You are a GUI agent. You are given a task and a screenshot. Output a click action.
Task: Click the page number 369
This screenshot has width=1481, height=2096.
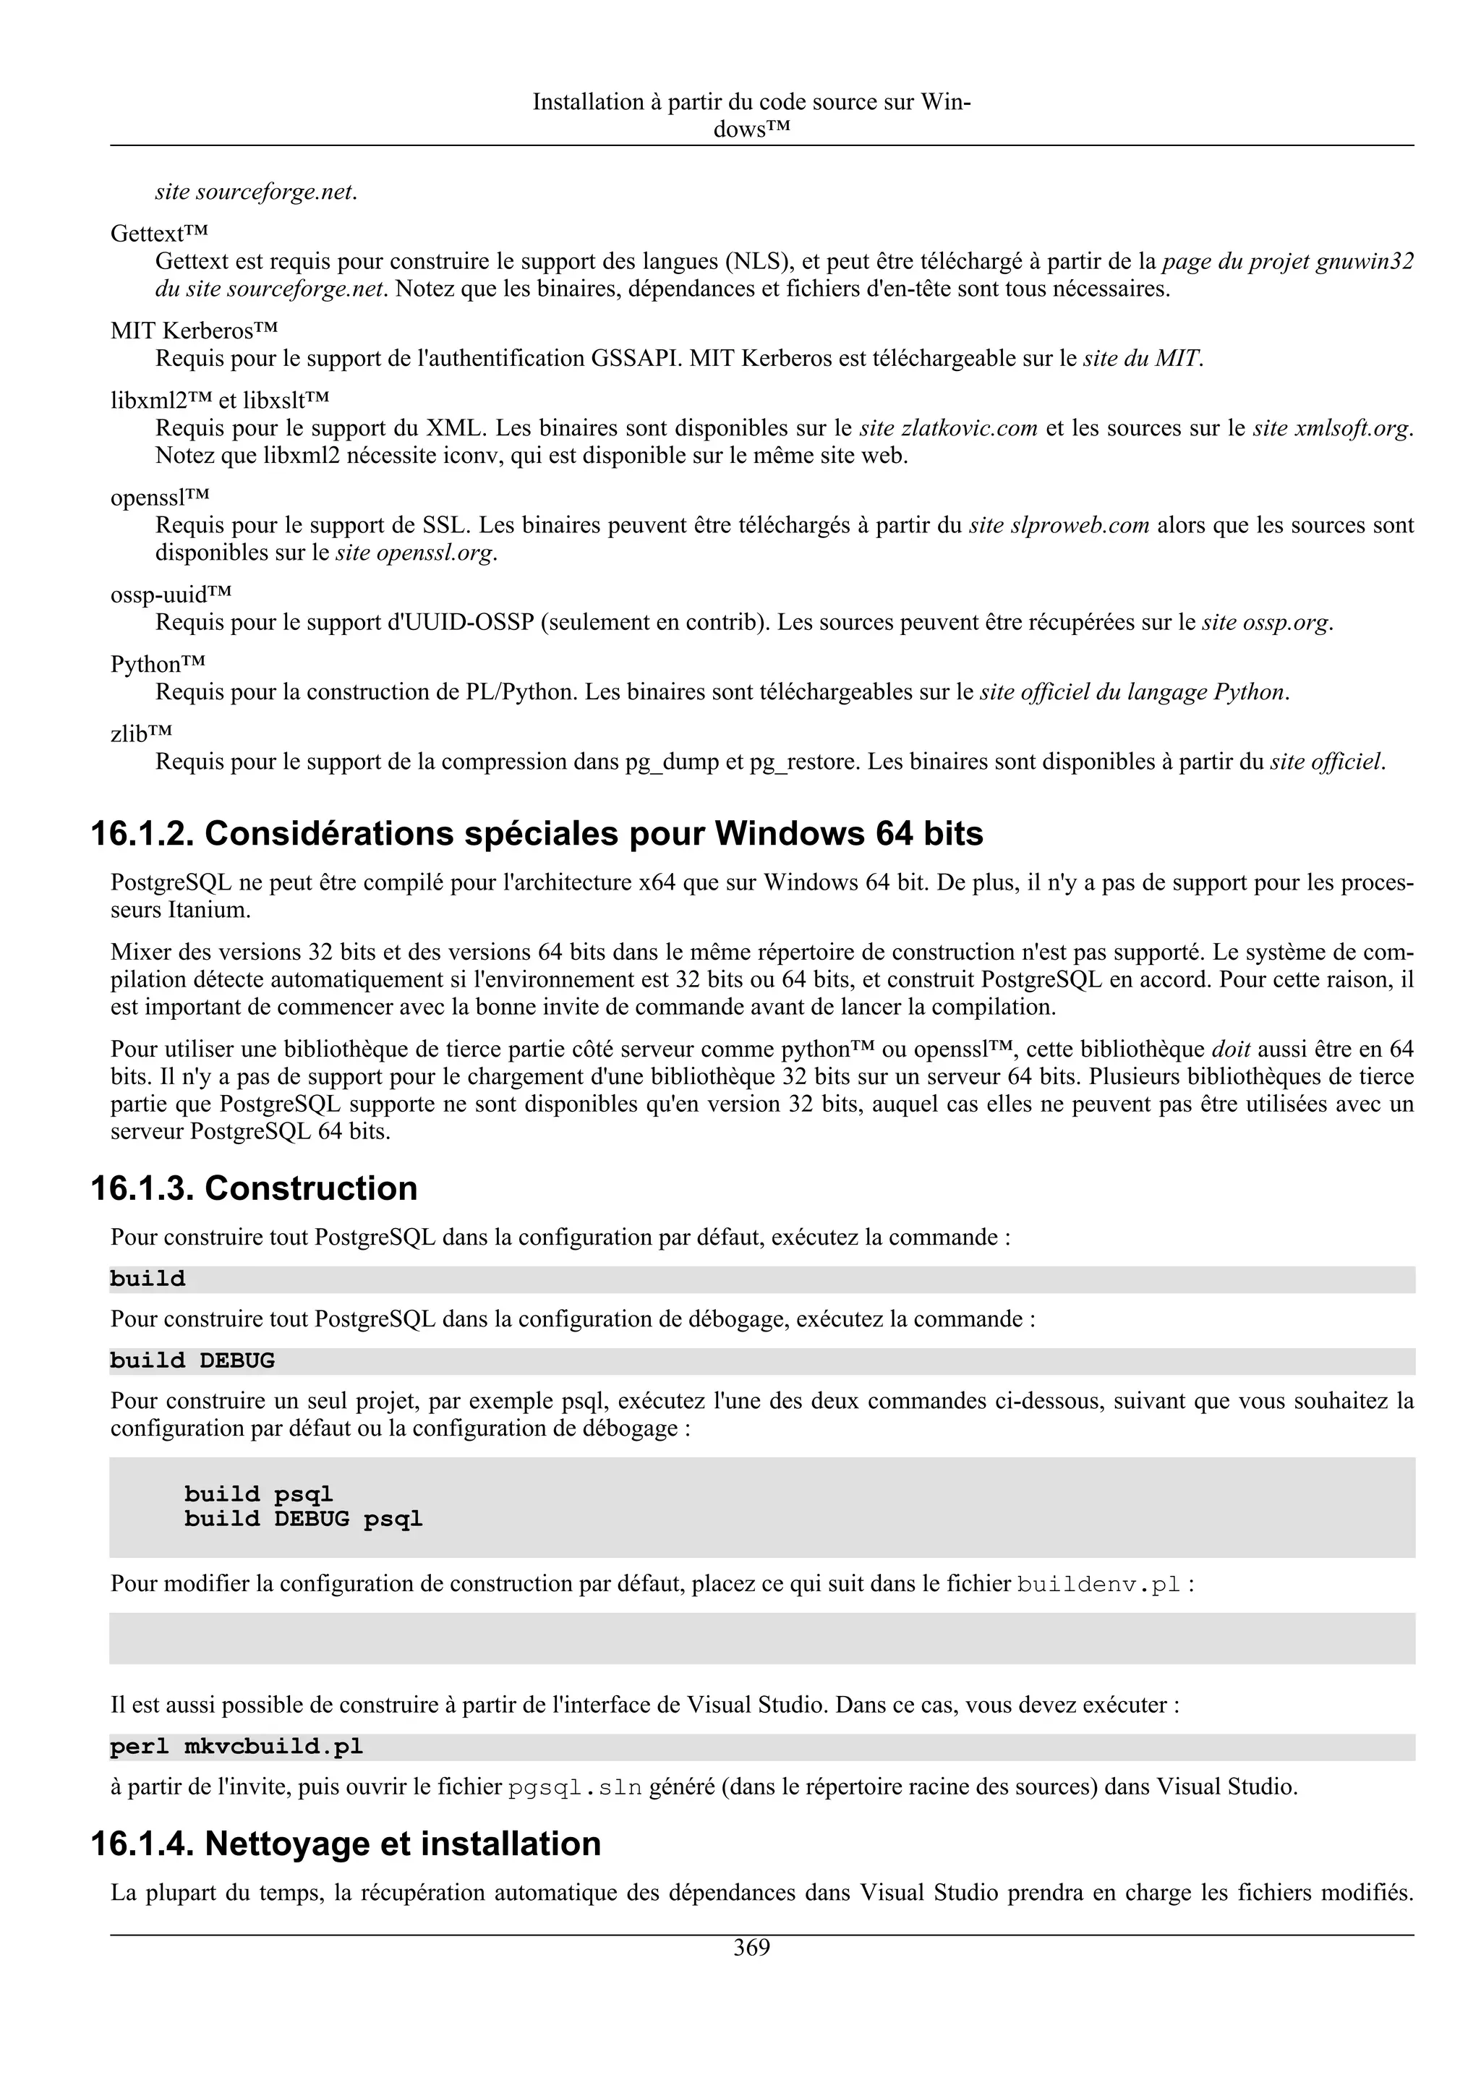point(751,1948)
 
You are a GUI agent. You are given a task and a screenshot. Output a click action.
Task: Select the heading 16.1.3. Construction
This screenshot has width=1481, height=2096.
point(254,1188)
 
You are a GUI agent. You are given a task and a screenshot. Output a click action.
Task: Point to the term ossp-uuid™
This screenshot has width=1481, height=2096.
point(171,595)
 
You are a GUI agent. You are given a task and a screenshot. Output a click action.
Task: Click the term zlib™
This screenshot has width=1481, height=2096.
point(142,733)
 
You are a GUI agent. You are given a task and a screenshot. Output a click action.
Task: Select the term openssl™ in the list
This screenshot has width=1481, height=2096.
point(160,498)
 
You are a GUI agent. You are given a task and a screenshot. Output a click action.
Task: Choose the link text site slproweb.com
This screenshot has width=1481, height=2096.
point(1059,525)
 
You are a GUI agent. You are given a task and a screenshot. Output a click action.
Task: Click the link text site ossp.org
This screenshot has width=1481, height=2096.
point(1266,623)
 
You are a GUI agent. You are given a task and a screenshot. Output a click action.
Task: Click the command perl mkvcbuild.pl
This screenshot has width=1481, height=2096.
point(236,1747)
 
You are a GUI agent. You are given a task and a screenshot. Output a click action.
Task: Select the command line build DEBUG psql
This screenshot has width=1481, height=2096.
point(303,1519)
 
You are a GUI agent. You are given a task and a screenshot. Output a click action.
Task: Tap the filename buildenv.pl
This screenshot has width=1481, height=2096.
point(1098,1584)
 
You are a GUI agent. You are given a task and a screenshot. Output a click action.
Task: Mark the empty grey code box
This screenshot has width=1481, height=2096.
point(761,1637)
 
